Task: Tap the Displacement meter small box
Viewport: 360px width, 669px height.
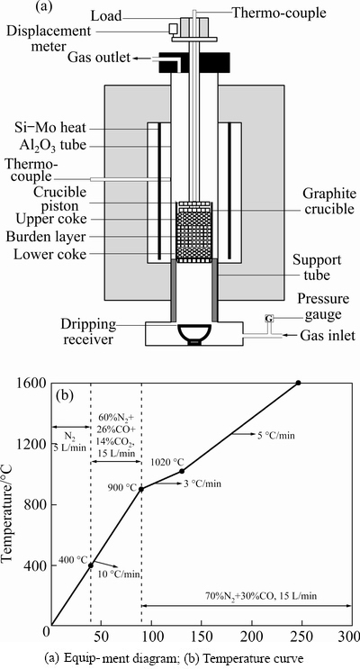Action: pyautogui.click(x=173, y=29)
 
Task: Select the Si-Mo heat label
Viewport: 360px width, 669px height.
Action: pyautogui.click(x=49, y=127)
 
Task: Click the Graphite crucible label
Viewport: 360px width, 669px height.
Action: pyautogui.click(x=328, y=202)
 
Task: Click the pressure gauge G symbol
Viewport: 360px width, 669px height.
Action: pyautogui.click(x=269, y=318)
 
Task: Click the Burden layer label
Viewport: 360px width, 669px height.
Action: pyautogui.click(x=49, y=237)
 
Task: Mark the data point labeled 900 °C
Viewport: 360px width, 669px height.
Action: pyautogui.click(x=141, y=490)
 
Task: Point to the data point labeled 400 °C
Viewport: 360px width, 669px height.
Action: pyautogui.click(x=91, y=565)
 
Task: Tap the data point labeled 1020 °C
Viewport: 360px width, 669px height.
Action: pyautogui.click(x=182, y=471)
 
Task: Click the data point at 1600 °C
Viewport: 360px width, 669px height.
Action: pyautogui.click(x=298, y=383)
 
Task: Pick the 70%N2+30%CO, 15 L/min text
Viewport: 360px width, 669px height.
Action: pyautogui.click(x=264, y=596)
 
